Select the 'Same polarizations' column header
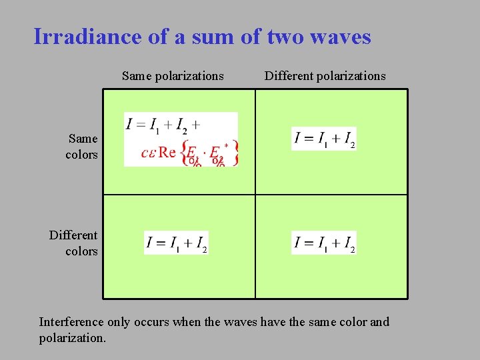coord(173,76)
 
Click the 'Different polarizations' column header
coord(325,76)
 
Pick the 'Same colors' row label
coord(82,147)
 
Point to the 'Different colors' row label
coord(73,243)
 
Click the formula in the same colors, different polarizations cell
coord(324,138)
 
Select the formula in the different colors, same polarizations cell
coord(177,243)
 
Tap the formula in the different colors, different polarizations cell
coord(324,243)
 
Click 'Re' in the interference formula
coord(167,152)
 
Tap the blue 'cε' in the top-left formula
coord(148,152)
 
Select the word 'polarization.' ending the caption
coord(72,338)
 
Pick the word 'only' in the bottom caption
coord(121,322)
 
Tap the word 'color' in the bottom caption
coord(351,322)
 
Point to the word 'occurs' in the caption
coord(153,322)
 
